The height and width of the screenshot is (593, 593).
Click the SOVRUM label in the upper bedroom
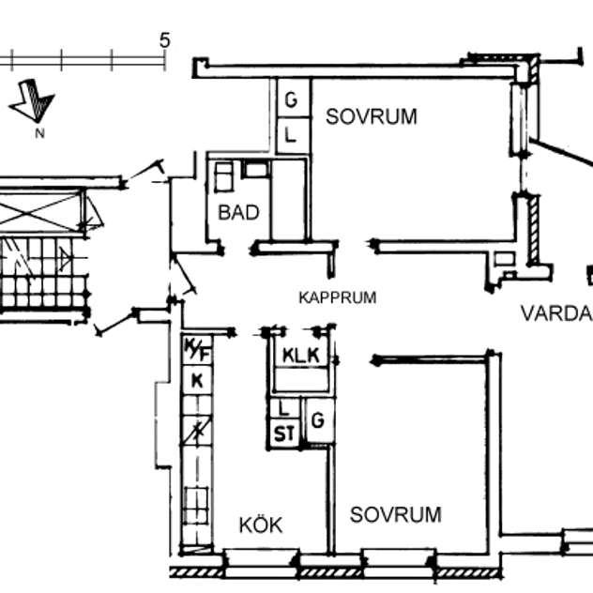pos(371,117)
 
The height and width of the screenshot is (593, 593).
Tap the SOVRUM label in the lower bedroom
pos(395,515)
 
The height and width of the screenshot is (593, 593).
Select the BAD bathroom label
pos(238,213)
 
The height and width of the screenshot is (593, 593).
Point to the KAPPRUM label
pos(338,298)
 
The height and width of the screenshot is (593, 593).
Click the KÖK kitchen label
pos(260,525)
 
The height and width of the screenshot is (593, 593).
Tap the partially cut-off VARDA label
pos(556,313)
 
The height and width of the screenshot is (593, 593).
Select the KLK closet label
pos(301,356)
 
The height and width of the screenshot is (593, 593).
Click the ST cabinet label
pos(282,433)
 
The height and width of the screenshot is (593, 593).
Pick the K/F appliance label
pos(197,351)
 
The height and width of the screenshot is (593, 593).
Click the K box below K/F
pos(197,379)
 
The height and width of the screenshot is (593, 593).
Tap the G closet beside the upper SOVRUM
pos(291,98)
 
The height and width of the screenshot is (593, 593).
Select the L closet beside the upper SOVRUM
pos(291,135)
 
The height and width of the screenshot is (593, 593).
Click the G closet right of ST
pos(318,421)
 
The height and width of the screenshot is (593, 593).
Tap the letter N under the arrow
pos(39,133)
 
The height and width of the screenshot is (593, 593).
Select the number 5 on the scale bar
pos(165,40)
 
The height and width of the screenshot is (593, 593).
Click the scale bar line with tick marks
pos(84,59)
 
